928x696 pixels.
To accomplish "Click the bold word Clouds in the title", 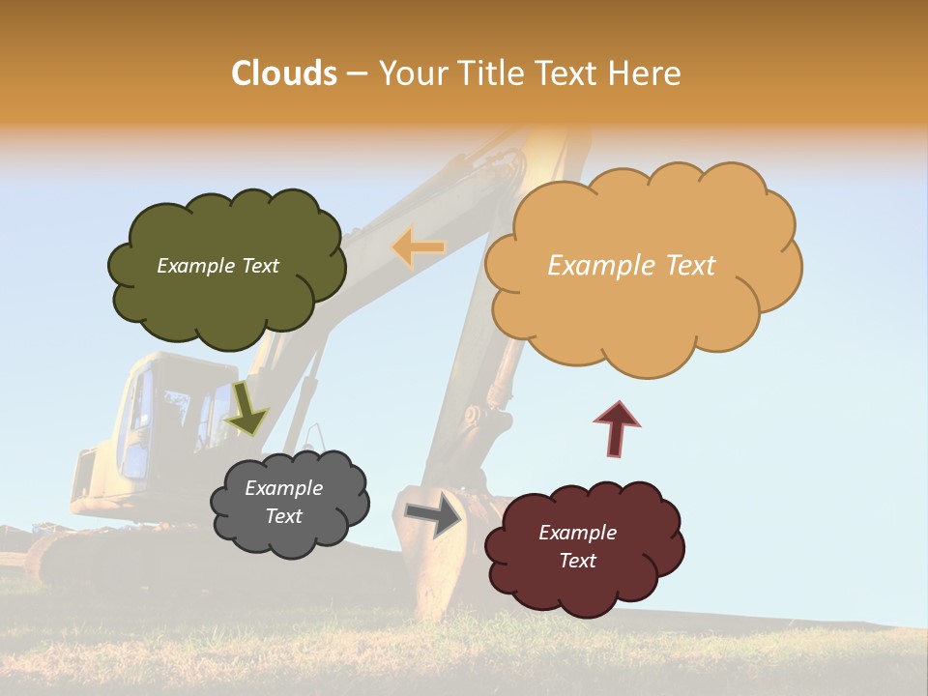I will (283, 73).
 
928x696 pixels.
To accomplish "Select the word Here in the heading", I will (645, 73).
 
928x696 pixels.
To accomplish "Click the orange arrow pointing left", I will (418, 247).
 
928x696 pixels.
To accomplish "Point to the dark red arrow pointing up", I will (616, 428).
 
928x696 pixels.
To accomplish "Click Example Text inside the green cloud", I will (217, 266).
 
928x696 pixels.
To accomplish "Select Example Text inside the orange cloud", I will (631, 266).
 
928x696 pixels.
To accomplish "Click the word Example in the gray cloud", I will (283, 488).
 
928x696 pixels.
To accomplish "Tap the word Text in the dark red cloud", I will (577, 561).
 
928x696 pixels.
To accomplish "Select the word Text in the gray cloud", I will (283, 516).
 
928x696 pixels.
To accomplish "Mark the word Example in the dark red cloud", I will (577, 533).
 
